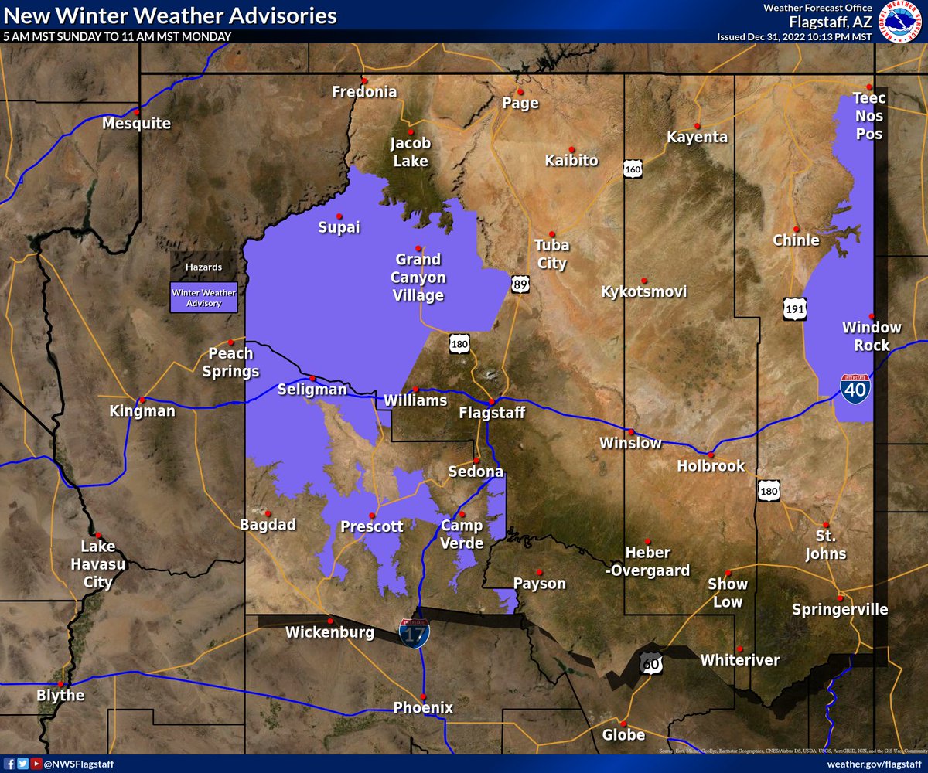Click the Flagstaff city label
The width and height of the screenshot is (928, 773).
492,414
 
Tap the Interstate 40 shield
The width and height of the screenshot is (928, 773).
854,386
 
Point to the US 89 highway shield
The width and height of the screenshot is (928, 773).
520,285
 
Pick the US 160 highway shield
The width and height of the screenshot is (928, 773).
633,169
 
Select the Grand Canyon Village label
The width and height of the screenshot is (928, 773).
418,277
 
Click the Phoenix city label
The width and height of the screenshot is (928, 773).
423,707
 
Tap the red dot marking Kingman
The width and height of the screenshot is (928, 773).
142,400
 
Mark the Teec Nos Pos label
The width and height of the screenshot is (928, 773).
868,116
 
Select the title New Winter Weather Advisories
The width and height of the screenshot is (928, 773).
170,15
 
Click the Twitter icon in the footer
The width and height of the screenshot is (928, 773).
23,764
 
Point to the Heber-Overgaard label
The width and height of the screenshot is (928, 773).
648,561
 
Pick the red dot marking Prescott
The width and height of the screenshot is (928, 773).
372,515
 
